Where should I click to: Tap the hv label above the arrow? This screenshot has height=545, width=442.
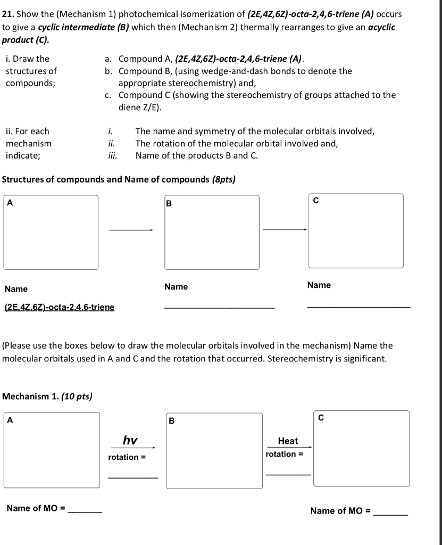coord(130,440)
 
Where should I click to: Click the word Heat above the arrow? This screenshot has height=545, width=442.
coord(288,441)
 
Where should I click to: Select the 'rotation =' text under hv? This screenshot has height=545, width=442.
coord(127,457)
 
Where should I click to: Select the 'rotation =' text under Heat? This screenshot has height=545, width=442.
coord(285,454)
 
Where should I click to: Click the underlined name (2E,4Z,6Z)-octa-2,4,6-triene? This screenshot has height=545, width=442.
coord(59,307)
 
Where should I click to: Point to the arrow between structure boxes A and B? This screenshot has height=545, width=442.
coord(131,230)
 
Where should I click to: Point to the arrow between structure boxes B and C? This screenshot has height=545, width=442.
coord(285,230)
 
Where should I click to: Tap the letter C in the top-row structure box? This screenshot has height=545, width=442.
coord(316,201)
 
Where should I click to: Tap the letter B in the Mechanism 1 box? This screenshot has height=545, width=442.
coord(171,421)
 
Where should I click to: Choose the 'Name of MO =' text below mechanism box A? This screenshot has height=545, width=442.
coord(36,508)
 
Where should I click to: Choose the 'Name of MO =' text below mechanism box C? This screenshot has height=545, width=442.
coord(340,511)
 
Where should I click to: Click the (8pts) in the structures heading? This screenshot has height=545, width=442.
coord(223,179)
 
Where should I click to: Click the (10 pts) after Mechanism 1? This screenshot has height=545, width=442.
coord(78,396)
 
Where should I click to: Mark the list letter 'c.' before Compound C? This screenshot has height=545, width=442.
coord(108,95)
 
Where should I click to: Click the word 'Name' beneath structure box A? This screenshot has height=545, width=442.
coord(16,289)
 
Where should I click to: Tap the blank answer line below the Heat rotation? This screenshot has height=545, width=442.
coord(288,474)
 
